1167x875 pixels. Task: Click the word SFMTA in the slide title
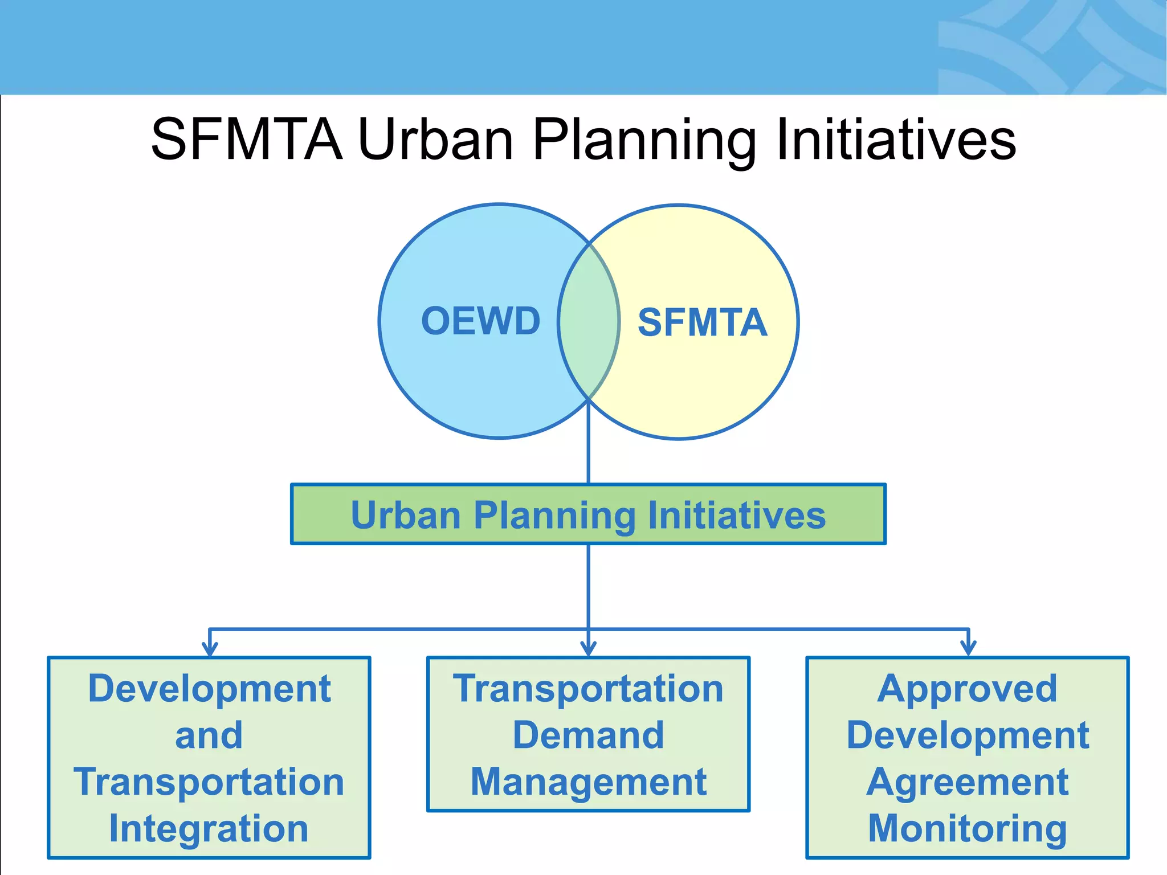[247, 140]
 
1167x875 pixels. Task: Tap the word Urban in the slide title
[436, 140]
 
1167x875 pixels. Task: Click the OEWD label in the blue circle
[480, 321]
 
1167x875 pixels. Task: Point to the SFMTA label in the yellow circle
[702, 322]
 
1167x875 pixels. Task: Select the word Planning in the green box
[553, 515]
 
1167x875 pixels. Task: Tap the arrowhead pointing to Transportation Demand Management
[588, 648]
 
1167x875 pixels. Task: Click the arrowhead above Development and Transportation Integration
[210, 648]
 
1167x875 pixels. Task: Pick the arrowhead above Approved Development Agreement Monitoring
[968, 648]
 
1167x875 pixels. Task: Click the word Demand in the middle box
[588, 735]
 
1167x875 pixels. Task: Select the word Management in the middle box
[588, 782]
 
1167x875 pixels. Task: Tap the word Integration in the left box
[209, 828]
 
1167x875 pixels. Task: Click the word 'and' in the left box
[209, 735]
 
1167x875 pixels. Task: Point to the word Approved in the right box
[967, 688]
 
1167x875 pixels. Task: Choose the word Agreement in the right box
[967, 782]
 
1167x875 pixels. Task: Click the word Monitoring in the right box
[967, 828]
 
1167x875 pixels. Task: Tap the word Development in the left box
[209, 688]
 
